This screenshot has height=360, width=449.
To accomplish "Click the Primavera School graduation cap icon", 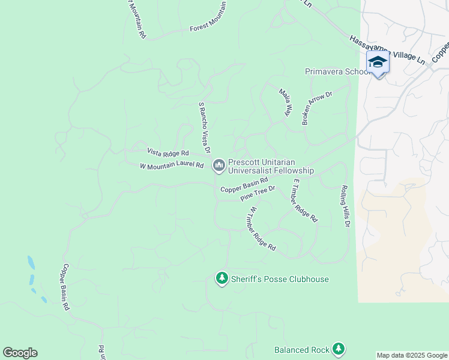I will click(x=378, y=62).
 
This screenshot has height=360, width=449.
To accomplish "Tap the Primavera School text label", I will click(x=337, y=71).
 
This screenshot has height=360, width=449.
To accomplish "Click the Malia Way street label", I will click(x=285, y=101).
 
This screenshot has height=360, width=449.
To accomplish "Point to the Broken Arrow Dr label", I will click(x=317, y=108).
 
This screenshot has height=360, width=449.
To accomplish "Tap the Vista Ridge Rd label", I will click(x=168, y=152).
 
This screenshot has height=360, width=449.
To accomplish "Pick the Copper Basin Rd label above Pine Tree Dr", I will click(x=244, y=185).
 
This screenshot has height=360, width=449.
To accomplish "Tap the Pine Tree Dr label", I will click(x=257, y=194).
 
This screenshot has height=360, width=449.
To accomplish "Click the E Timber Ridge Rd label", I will click(x=304, y=201).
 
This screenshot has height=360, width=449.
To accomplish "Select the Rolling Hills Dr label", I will click(x=345, y=206).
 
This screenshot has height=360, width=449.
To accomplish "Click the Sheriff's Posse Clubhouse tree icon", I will click(x=222, y=278).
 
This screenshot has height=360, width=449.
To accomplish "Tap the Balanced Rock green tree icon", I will click(x=339, y=349).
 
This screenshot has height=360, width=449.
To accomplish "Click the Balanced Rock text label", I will click(x=302, y=350).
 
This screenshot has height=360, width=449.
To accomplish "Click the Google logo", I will click(x=20, y=353).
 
